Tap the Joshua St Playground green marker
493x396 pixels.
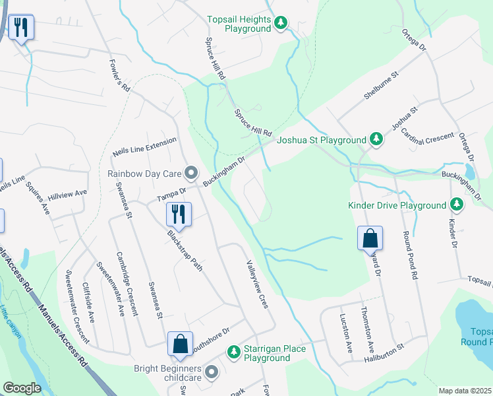tap(376, 139)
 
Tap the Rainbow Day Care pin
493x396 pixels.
tap(191, 174)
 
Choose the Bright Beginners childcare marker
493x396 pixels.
tap(212, 372)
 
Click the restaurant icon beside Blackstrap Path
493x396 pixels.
tap(178, 214)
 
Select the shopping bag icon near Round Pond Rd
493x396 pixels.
tap(370, 238)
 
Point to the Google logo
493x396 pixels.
tap(22, 388)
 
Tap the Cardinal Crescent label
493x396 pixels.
tap(428, 141)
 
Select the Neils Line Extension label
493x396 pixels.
tap(144, 146)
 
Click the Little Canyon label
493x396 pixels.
tap(11, 321)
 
